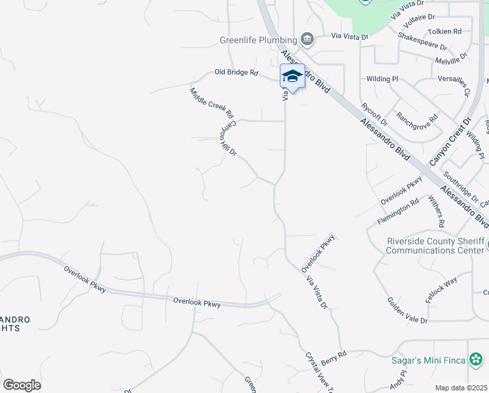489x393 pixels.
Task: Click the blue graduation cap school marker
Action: click(x=292, y=77)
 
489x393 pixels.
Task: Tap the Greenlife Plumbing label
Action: click(x=258, y=40)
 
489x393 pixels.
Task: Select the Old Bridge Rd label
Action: click(x=237, y=73)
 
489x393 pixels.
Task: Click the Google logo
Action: click(x=22, y=384)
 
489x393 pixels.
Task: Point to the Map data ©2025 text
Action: click(x=461, y=388)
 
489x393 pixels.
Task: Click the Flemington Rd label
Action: click(x=398, y=213)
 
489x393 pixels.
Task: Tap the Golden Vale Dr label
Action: click(x=407, y=310)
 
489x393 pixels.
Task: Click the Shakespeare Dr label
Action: click(x=422, y=42)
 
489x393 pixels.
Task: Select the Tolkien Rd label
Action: click(x=445, y=31)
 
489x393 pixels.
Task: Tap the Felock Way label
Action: click(x=441, y=290)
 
